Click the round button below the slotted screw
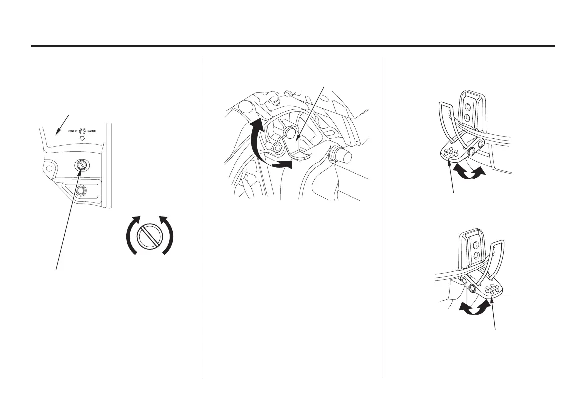(80, 189)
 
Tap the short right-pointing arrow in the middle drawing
(282, 164)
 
